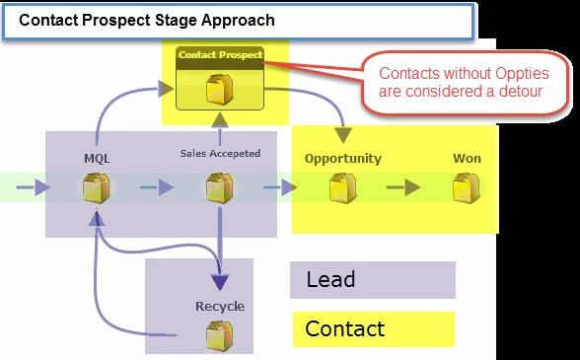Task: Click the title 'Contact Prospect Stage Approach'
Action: (146, 20)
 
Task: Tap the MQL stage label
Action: (97, 159)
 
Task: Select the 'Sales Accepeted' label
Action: (220, 153)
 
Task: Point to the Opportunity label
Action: (343, 159)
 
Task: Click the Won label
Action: (467, 159)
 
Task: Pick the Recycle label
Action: (220, 307)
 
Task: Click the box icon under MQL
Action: (97, 188)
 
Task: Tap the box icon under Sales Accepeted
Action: (220, 188)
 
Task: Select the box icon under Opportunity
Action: (343, 188)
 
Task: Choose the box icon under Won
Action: (467, 188)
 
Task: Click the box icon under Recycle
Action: (220, 335)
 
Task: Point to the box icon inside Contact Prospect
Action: (220, 89)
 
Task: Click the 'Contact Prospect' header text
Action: (221, 55)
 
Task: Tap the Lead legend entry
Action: (330, 279)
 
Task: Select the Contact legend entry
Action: (345, 328)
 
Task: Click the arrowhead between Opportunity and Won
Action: (412, 187)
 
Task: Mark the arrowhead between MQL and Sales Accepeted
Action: (166, 187)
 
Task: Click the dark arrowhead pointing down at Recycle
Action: (220, 282)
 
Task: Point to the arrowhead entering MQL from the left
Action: (42, 187)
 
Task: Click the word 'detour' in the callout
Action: (521, 91)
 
